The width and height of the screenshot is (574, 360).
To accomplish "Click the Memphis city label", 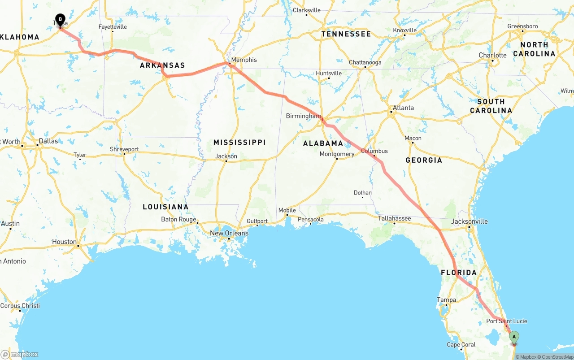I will (x=244, y=60).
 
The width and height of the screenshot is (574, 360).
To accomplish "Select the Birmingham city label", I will (x=304, y=116).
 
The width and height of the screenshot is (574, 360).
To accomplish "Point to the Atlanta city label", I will (x=403, y=108).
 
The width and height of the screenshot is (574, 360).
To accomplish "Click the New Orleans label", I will (x=229, y=233).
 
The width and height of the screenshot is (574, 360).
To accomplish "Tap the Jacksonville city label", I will (x=470, y=221).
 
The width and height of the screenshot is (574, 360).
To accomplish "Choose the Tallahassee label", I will (x=394, y=218).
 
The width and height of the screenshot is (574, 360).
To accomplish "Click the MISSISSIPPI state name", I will (x=239, y=143).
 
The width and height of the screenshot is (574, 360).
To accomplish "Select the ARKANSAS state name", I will (x=162, y=65).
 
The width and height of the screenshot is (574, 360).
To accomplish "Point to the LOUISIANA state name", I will (x=165, y=207).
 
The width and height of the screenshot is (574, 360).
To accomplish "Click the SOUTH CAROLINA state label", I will (x=491, y=106).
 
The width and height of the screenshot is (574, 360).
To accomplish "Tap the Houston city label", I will (x=64, y=242).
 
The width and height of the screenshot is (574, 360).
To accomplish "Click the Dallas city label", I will (x=48, y=141).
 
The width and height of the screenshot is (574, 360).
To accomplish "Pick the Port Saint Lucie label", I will (x=507, y=321).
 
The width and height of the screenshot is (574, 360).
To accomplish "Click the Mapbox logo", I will (x=20, y=354).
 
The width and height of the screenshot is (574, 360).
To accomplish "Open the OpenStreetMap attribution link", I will (x=556, y=357).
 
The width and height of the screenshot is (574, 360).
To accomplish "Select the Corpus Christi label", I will (x=20, y=306).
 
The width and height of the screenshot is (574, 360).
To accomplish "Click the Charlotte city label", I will (x=492, y=55).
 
